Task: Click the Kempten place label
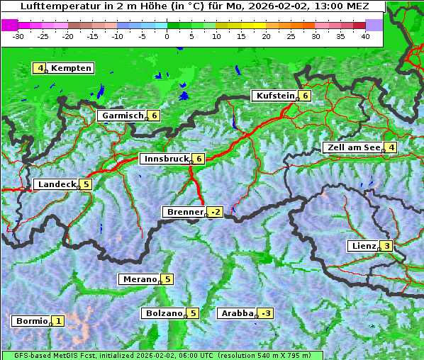(71, 68)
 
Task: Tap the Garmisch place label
(123, 116)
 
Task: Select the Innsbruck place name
(166, 159)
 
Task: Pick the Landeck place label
(57, 184)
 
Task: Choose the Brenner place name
(184, 212)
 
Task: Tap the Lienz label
(363, 246)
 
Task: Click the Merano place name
(139, 279)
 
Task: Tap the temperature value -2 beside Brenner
(216, 212)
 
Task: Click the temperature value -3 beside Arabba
(266, 313)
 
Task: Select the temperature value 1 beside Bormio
(58, 321)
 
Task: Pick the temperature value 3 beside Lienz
(386, 246)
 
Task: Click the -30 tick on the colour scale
(18, 36)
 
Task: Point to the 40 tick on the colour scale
(365, 36)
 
